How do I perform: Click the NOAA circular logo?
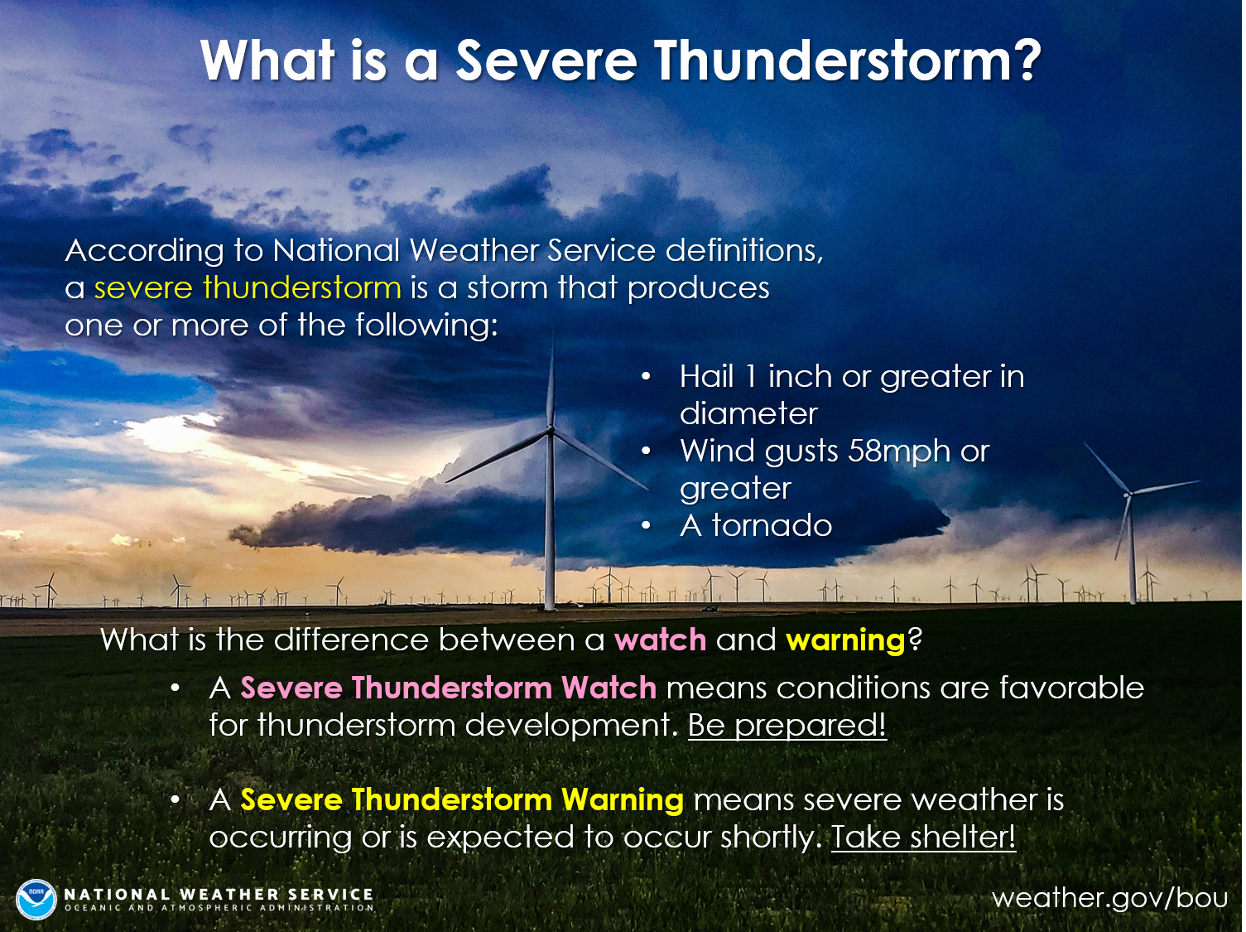[x=36, y=899]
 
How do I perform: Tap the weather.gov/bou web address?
[x=1109, y=899]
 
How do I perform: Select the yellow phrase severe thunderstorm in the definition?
[x=248, y=287]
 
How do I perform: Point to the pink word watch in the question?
[x=660, y=640]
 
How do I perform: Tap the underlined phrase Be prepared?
[x=787, y=725]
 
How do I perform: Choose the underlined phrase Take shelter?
[x=924, y=837]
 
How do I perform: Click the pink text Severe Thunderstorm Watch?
[x=449, y=688]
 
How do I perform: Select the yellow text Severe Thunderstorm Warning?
[x=462, y=800]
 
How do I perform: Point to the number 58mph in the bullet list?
[x=899, y=451]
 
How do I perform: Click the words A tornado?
[x=756, y=525]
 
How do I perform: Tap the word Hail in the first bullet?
[x=707, y=376]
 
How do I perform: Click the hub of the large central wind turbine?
[x=550, y=429]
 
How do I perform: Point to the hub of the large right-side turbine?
[x=1128, y=495]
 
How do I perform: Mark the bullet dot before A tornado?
[x=646, y=527]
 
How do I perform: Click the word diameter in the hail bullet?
[x=748, y=413]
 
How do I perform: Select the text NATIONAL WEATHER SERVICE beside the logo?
[x=219, y=894]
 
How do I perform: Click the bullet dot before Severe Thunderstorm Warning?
[x=176, y=800]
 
